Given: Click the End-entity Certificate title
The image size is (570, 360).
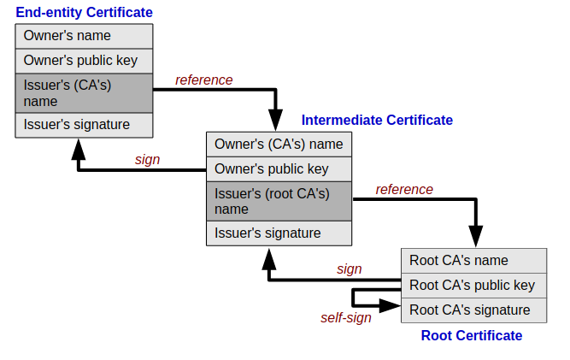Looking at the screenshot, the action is click(x=84, y=12).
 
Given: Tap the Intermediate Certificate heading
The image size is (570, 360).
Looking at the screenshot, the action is click(x=377, y=120).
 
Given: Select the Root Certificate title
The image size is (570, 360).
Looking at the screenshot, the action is click(x=472, y=335).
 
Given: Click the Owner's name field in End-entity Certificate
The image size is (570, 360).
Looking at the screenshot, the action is click(x=84, y=36).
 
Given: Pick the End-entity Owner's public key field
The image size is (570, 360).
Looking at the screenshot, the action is click(x=84, y=61).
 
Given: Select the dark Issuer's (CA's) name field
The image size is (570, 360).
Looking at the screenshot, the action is click(x=84, y=93).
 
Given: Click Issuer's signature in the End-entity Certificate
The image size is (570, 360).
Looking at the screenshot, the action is click(x=84, y=125).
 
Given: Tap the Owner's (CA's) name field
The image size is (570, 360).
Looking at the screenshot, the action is click(x=279, y=145).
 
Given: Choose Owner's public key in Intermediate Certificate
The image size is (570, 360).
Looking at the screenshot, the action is click(x=279, y=169).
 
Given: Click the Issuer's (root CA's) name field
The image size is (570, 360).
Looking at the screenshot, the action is click(x=279, y=202).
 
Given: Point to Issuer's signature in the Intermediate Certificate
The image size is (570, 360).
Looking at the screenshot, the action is click(x=279, y=233).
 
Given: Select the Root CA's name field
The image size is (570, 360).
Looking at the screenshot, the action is click(x=473, y=261).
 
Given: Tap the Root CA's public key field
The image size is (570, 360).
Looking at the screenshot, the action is click(x=473, y=286).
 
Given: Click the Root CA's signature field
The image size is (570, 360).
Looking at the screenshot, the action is click(x=473, y=310).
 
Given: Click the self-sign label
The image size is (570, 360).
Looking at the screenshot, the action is click(x=346, y=318).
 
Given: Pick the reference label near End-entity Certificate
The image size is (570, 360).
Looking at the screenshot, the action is click(x=204, y=80).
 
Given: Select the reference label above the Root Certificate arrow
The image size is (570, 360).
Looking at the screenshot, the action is click(x=404, y=190).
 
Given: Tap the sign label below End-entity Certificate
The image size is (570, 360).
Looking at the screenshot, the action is click(x=147, y=160).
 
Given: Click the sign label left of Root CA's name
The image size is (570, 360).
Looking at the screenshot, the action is click(x=349, y=269).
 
